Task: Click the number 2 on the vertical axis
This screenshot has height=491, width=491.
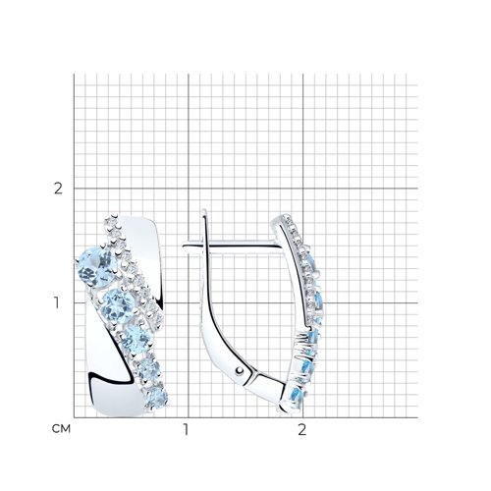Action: click(58, 189)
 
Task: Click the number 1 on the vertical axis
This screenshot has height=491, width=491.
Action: click(57, 303)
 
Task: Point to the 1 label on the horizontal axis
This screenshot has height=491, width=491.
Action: click(186, 429)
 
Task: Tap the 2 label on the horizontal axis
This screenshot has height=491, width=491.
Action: click(301, 429)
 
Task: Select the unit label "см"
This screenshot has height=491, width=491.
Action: click(61, 429)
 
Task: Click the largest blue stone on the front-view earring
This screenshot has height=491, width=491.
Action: click(96, 268)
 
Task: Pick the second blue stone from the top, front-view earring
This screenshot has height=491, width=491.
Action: click(118, 306)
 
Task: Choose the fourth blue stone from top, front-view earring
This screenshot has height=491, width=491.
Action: click(148, 370)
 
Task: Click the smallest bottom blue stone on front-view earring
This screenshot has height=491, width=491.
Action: click(156, 398)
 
